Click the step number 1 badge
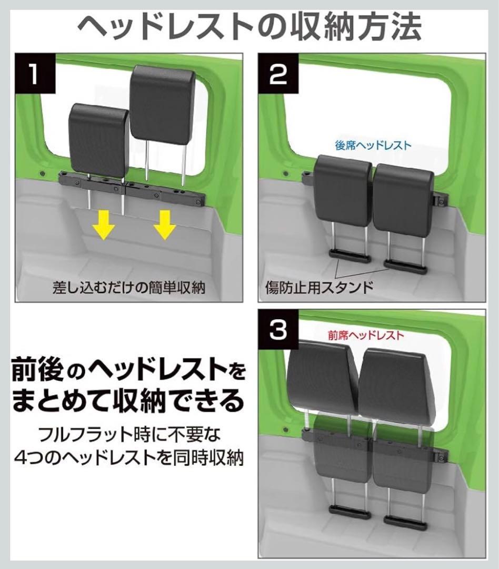(33, 72)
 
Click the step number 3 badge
(277, 330)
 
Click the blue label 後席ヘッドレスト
(373, 145)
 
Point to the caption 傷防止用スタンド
(319, 287)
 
